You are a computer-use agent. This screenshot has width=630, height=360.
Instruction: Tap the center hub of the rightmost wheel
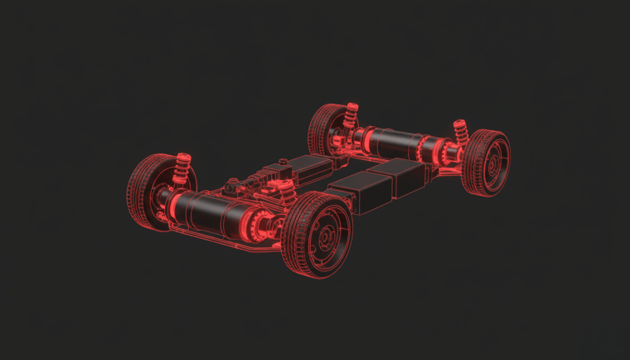pos(494,163)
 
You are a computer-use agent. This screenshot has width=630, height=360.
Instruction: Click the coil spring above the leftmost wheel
pos(180,169)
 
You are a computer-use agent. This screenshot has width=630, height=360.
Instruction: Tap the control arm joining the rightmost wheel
pos(452,170)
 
